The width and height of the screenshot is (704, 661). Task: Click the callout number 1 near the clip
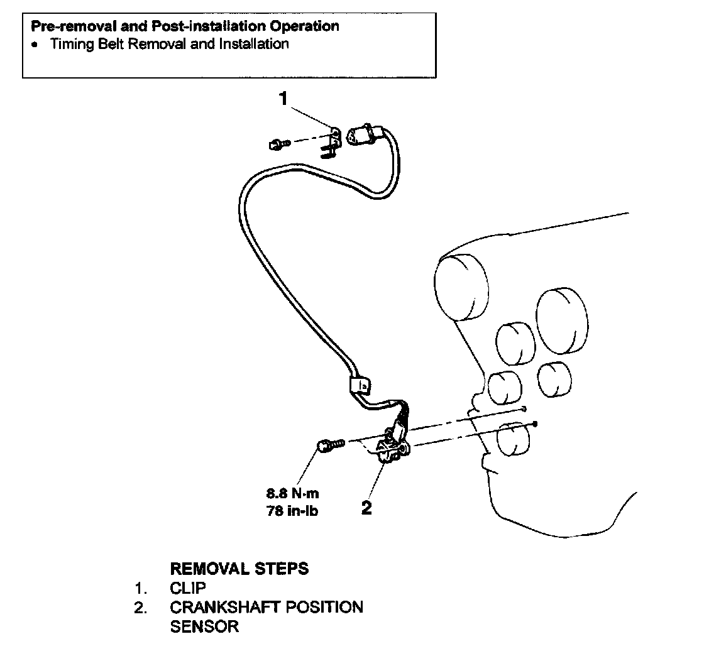point(284,98)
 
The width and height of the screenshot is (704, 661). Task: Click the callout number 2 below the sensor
point(366,508)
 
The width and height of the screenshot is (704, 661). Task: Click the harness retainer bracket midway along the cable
point(360,383)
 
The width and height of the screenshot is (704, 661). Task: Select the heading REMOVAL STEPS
point(239,569)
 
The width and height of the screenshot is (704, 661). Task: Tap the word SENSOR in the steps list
point(204,626)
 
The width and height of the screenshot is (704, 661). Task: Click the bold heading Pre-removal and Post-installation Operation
point(185,26)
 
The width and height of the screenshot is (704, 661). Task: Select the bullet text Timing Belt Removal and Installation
point(169,45)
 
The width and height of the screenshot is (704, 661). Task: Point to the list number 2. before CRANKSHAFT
point(141,608)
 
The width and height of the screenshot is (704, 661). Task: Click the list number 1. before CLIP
point(141,588)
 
